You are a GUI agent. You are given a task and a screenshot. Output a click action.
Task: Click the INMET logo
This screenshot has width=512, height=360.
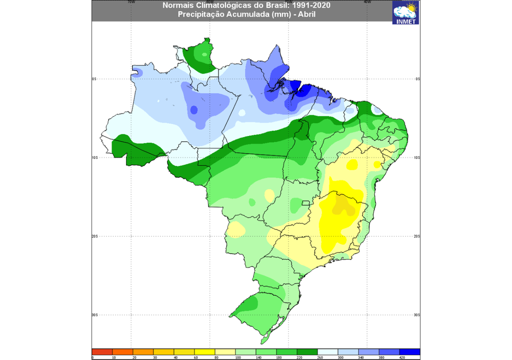pyautogui.click(x=405, y=12)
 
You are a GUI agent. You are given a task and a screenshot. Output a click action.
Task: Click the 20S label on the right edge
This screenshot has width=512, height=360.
pyautogui.click(x=417, y=236)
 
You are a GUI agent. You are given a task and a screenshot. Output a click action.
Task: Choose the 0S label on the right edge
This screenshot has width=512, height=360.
pyautogui.click(x=417, y=79)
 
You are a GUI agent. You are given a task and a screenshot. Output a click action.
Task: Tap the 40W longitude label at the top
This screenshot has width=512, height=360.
pyautogui.click(x=367, y=2)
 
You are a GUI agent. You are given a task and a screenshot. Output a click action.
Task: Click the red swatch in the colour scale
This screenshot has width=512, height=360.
pyautogui.click(x=102, y=352)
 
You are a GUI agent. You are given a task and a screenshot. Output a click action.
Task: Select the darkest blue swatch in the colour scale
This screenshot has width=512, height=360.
pyautogui.click(x=409, y=352)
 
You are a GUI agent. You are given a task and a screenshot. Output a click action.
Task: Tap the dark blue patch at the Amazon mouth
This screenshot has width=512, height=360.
pyautogui.click(x=304, y=91)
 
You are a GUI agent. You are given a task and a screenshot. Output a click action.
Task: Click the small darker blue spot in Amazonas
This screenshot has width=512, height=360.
pyautogui.click(x=193, y=110)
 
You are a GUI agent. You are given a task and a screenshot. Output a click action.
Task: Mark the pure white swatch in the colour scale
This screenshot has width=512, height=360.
pyautogui.click(x=327, y=352)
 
